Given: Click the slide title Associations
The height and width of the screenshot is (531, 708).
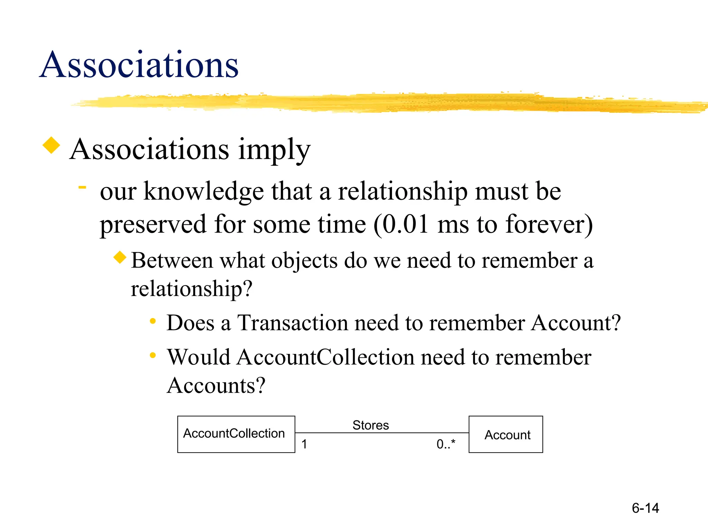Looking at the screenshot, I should point(139,65).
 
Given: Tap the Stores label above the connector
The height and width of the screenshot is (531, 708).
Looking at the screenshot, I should point(371,425).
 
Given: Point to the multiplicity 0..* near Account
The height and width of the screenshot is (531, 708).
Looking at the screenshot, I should point(446,444).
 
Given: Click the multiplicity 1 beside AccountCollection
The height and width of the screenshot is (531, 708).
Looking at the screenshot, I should point(304,444).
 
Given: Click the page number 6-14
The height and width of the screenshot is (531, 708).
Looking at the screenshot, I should point(645,508).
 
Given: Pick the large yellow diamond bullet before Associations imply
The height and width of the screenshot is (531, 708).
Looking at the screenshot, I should point(51,145).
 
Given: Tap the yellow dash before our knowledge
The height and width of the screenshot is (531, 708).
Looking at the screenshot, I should point(82,187).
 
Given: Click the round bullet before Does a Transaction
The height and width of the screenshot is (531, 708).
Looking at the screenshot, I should point(152,322).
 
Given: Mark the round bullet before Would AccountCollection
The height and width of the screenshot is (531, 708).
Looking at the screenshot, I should point(152,355).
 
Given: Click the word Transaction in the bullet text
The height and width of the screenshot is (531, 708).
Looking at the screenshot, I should point(292,323).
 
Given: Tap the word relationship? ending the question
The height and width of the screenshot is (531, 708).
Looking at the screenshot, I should point(192,289).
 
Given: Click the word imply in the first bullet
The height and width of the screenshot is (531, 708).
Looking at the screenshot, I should point(274,150).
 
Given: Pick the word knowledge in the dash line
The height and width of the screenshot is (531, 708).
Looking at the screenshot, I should point(204,191).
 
